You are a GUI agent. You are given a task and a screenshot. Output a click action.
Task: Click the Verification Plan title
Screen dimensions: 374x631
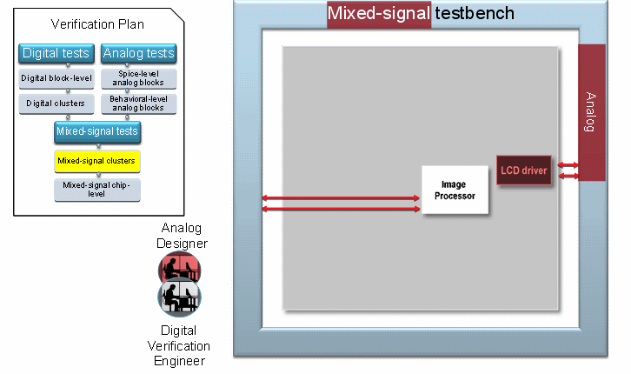97,23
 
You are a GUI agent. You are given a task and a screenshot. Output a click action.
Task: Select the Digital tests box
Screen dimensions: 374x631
56,53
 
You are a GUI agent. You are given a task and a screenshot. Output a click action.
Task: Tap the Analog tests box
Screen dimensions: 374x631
138,53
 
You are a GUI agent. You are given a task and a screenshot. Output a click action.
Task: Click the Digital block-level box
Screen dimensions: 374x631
56,78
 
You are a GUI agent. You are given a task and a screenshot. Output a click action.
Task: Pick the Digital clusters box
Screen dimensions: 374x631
56,104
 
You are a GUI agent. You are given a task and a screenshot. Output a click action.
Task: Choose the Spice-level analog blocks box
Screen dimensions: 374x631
138,78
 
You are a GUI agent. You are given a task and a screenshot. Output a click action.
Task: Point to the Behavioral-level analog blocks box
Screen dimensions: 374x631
138,104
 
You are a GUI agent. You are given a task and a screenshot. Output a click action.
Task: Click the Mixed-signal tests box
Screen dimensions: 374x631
96,132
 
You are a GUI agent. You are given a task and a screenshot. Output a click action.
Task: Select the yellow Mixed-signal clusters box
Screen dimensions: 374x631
97,161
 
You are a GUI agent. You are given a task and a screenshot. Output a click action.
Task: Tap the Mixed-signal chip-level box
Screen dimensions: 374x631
96,189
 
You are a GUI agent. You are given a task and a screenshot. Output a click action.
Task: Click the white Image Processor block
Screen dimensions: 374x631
454,190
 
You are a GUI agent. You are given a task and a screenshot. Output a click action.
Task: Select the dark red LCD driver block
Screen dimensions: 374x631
524,170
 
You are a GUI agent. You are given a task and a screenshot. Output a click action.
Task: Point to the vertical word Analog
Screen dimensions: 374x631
591,111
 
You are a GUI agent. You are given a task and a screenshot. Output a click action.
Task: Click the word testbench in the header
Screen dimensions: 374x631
475,13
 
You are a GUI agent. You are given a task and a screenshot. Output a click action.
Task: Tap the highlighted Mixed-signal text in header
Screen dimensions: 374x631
379,13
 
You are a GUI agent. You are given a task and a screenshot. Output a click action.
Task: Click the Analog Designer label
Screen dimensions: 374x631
179,235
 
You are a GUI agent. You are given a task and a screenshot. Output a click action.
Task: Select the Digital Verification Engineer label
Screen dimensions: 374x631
179,345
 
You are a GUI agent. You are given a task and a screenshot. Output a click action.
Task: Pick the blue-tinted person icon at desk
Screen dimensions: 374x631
180,299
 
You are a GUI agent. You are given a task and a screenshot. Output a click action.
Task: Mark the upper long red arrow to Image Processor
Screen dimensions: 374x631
341,198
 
